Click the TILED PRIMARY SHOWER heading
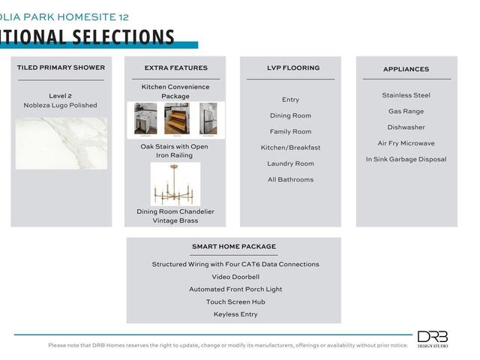[x=61, y=67]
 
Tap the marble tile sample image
[x=61, y=142]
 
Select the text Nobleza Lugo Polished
[x=61, y=106]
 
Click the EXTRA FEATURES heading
[x=175, y=68]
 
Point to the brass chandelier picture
[x=175, y=184]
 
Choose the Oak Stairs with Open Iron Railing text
[x=175, y=151]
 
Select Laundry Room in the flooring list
[x=290, y=163]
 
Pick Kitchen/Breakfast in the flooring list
[x=290, y=148]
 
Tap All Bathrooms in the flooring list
[x=290, y=180]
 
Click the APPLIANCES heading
[x=406, y=69]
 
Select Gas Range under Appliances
[x=406, y=111]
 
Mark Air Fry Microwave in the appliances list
[x=406, y=143]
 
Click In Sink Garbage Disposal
[x=406, y=159]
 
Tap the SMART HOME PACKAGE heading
[x=233, y=247]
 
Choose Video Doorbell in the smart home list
[x=235, y=277]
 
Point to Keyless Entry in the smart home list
[x=235, y=314]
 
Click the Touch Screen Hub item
[x=235, y=301]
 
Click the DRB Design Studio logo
[x=433, y=339]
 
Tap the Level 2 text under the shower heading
[x=61, y=96]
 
